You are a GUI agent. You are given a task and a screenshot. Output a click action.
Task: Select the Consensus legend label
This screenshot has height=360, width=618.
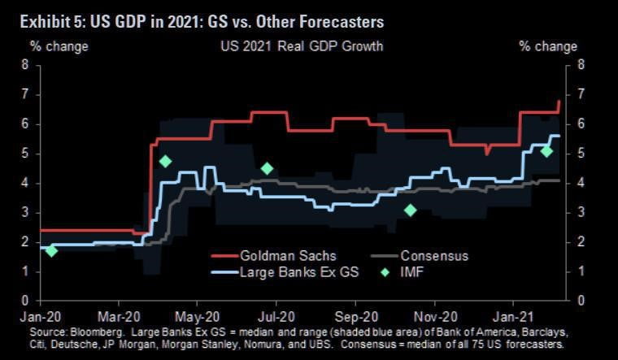pyautogui.click(x=433, y=256)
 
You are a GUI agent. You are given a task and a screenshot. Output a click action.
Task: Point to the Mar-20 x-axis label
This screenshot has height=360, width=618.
pyautogui.click(x=118, y=314)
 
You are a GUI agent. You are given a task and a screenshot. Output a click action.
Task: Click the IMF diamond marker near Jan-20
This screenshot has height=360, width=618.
pyautogui.click(x=51, y=250)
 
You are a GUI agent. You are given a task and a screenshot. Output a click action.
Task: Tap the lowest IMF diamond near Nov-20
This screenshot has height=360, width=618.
pyautogui.click(x=411, y=210)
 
